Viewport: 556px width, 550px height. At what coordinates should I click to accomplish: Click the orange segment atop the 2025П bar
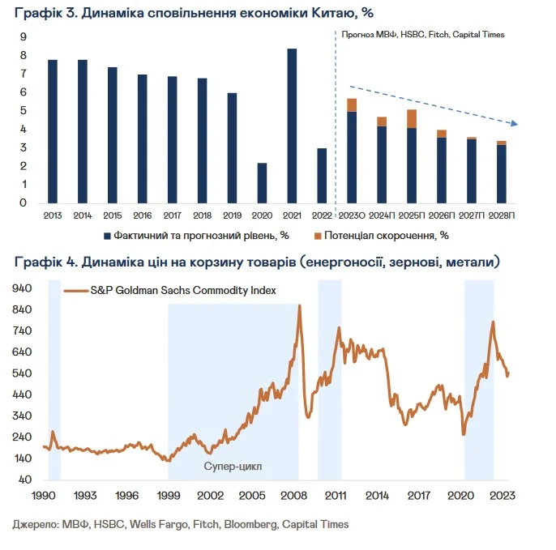[x=412, y=119]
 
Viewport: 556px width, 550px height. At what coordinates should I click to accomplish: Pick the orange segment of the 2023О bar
[x=352, y=104]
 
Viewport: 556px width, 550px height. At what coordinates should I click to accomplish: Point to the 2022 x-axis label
[x=322, y=215]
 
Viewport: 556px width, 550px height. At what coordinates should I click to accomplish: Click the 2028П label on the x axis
[x=502, y=215]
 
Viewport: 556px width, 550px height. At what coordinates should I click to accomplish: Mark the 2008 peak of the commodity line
[x=300, y=305]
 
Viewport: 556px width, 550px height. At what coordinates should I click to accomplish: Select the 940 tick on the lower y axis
[x=23, y=288]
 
